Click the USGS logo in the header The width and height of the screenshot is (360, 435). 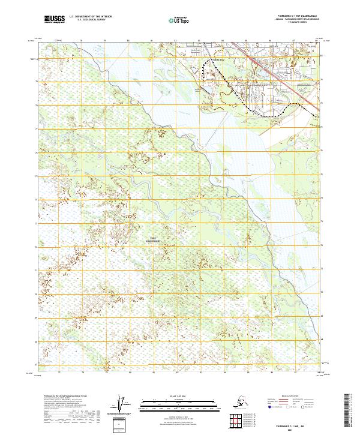55,20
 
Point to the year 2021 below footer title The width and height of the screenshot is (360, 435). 298,429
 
